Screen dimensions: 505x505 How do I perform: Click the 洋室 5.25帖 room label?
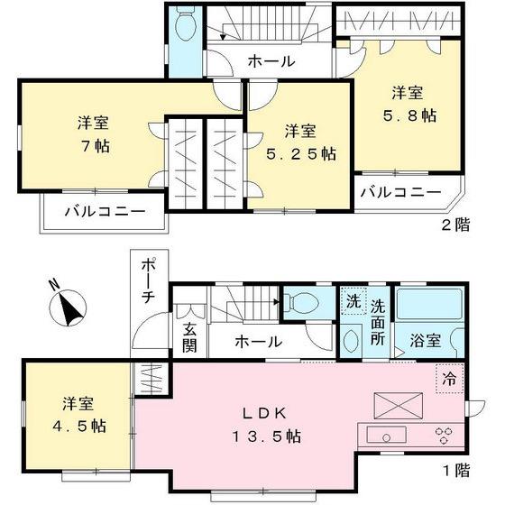(x=300, y=142)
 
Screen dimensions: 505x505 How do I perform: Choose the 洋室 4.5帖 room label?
(x=77, y=414)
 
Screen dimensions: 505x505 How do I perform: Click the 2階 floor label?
(x=455, y=225)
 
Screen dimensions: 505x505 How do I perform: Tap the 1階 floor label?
(x=454, y=470)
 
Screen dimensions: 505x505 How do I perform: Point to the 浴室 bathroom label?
(x=427, y=342)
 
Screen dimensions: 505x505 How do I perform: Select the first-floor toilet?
(x=298, y=303)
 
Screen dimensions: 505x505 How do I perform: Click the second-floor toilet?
(x=186, y=27)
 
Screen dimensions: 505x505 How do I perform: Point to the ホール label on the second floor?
(x=270, y=61)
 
